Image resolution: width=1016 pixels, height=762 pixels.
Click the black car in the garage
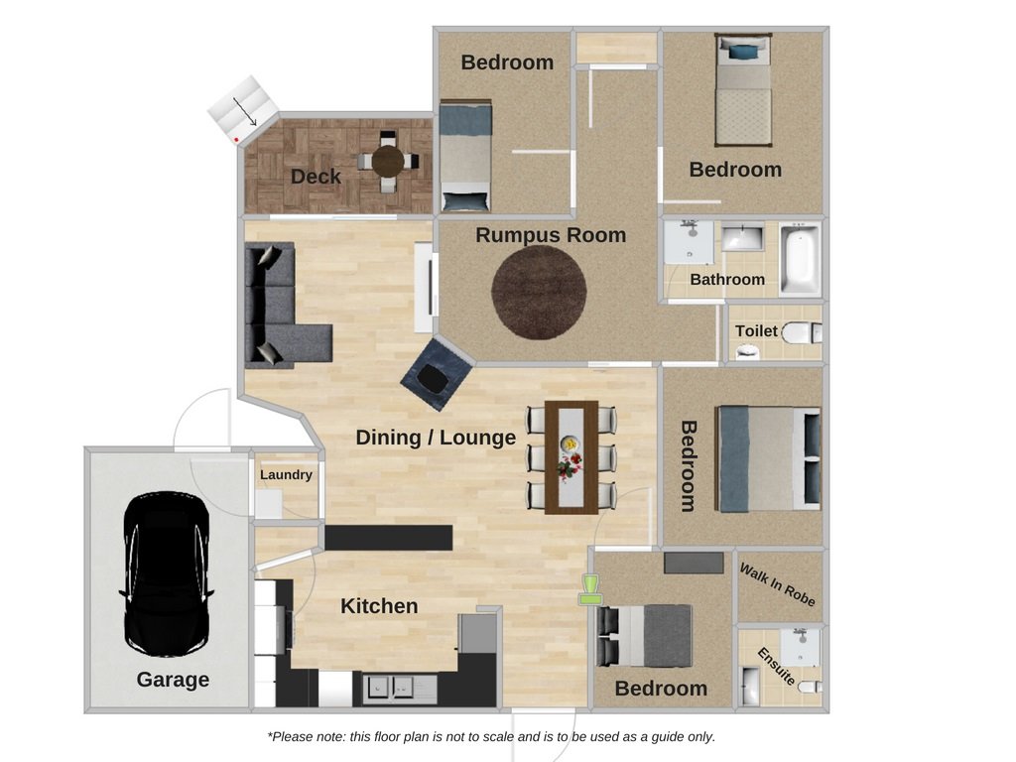coord(167,574)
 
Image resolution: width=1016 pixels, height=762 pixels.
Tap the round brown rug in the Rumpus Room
coord(539,293)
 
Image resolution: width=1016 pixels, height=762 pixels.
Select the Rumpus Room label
coord(551,235)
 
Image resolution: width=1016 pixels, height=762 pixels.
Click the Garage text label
coord(173,680)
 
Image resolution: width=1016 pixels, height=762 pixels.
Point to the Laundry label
coord(286,475)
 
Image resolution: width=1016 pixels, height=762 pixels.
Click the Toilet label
coord(756,331)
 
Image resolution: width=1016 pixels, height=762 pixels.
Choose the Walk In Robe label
coord(777,584)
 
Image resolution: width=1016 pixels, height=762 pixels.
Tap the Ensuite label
coord(776,666)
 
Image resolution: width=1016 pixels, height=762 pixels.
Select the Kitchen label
coord(379,606)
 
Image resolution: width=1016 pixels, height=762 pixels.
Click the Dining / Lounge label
coord(436,438)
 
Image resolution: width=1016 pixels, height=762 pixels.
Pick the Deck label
coord(316,177)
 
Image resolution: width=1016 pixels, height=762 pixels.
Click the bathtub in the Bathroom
coord(801,258)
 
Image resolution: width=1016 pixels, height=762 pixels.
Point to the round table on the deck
coord(388,162)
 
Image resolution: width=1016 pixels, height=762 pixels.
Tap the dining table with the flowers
coord(571,457)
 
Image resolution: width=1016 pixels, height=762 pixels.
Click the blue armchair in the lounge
coord(437,374)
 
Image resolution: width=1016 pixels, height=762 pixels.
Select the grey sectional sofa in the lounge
coord(279,305)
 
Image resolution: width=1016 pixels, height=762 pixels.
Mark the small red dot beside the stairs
coord(237,139)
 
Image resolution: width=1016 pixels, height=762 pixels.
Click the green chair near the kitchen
coord(589,589)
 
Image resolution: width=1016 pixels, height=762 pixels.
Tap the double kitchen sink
coord(391,687)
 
